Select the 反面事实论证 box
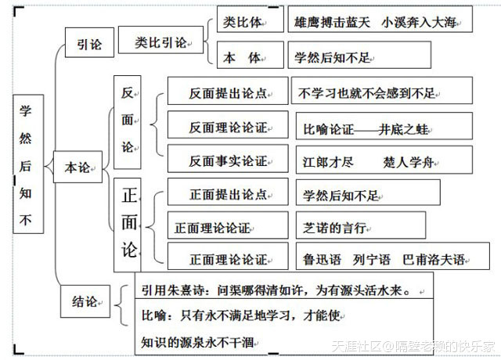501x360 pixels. click(228, 161)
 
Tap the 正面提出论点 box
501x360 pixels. click(228, 194)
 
